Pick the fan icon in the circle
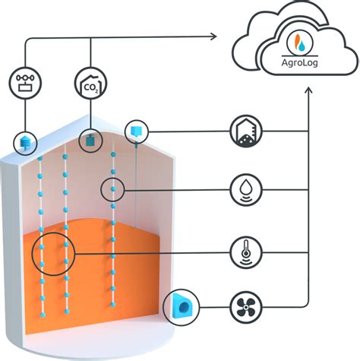tap(246, 309)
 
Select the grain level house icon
tap(246, 131)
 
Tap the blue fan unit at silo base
tap(182, 306)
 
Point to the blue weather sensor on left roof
tap(25, 142)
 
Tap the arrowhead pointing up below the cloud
tap(308, 92)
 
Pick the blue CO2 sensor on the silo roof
tap(90, 140)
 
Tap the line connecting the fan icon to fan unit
tap(213, 309)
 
